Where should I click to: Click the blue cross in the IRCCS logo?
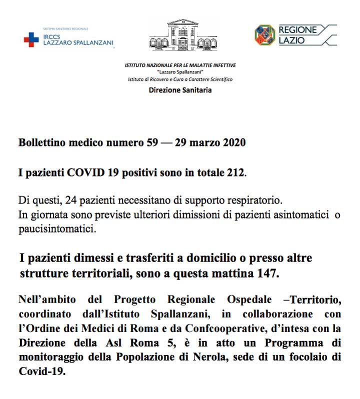pyautogui.click(x=31, y=39)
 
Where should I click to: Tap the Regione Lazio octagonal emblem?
pyautogui.click(x=264, y=35)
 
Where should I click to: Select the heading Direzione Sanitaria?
pyautogui.click(x=180, y=90)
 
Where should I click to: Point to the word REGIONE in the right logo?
pyautogui.click(x=297, y=30)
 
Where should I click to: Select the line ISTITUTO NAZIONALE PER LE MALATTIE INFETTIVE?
pyautogui.click(x=180, y=65)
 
